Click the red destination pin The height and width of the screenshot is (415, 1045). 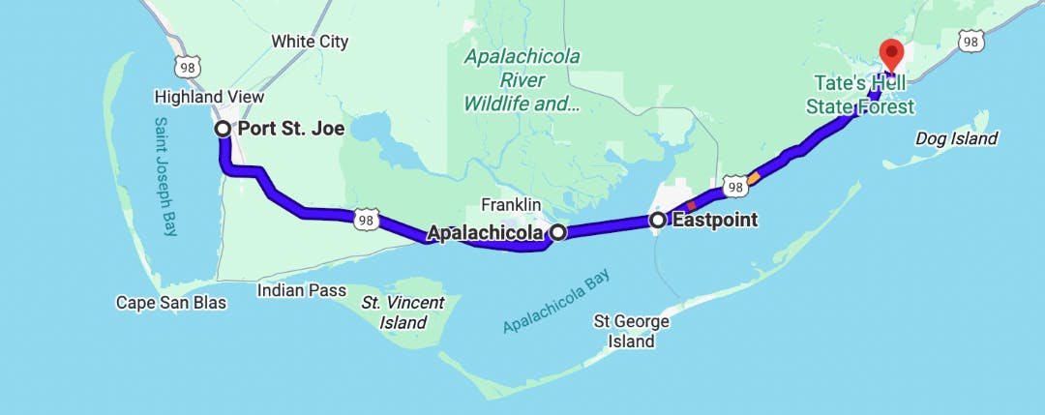(889, 53)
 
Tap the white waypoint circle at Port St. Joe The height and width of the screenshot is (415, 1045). (223, 129)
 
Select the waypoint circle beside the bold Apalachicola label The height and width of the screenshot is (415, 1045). (558, 232)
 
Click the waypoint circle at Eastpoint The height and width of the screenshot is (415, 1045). (658, 221)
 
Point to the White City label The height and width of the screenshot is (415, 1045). (310, 42)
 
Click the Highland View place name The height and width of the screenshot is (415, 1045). (209, 98)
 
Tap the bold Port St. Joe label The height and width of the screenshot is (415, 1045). (291, 129)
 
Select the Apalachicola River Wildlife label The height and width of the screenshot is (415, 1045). (522, 79)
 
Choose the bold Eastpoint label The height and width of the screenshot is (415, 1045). (714, 221)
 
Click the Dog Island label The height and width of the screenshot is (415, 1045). (956, 139)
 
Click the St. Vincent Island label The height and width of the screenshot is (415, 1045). (403, 312)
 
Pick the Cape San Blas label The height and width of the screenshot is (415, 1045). (171, 303)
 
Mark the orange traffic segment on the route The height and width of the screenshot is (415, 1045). (754, 177)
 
